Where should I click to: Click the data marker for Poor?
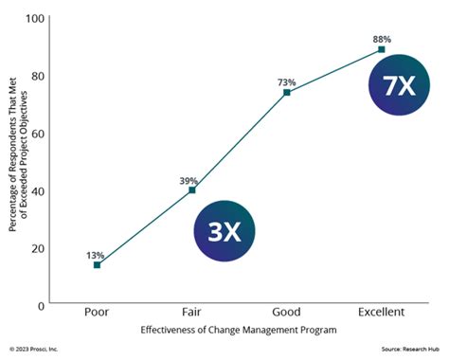97,265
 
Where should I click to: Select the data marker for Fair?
192,189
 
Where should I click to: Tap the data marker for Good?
286,92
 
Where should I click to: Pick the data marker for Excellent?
381,49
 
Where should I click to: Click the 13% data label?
97,254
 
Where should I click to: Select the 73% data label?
286,81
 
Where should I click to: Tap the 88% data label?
381,38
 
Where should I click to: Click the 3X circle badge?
224,230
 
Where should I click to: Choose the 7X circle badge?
399,85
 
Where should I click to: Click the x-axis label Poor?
97,312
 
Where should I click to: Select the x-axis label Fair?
192,312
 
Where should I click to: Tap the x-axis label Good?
286,312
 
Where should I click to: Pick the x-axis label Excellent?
381,312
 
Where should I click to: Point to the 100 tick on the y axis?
35,19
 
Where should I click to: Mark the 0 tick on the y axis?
41,306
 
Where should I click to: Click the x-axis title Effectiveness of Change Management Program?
237,331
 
